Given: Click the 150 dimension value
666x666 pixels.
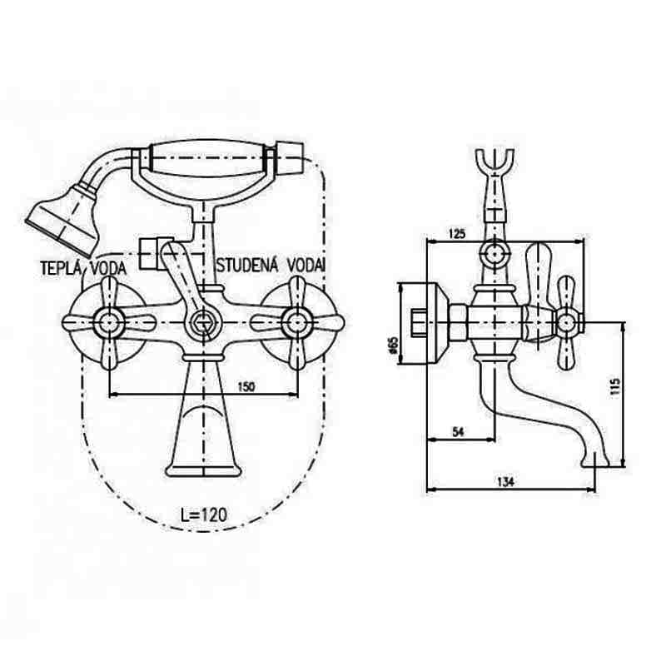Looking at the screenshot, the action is (246, 386).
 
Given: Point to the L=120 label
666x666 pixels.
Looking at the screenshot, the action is (204, 514).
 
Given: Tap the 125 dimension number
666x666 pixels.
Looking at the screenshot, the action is (457, 233).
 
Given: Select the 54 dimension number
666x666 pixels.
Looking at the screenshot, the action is (458, 432).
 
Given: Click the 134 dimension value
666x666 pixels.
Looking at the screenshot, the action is (505, 482).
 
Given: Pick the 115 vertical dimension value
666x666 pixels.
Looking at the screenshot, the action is (615, 386).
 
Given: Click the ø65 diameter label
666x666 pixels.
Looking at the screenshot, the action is (393, 345).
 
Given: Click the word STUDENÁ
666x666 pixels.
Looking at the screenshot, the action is (247, 266).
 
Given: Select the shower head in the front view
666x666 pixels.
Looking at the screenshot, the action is (64, 219).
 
